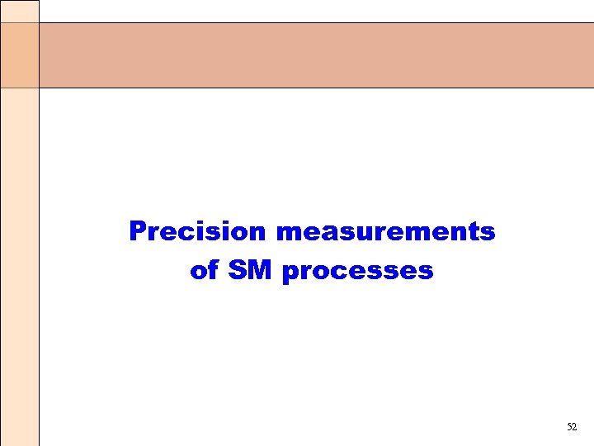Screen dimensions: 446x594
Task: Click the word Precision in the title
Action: (198, 232)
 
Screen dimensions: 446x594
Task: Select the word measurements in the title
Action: (385, 232)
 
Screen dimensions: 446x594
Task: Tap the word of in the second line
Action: (203, 271)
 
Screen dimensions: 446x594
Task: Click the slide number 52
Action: (572, 427)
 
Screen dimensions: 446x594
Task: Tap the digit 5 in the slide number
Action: (569, 427)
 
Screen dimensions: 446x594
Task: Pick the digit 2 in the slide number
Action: (575, 427)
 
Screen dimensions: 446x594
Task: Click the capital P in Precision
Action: (137, 231)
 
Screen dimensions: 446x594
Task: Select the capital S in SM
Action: (238, 271)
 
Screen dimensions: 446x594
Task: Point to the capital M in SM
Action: (260, 271)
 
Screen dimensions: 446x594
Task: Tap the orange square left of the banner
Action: (19, 55)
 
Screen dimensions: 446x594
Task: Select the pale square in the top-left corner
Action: (19, 11)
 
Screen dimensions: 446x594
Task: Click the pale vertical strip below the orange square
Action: (19, 264)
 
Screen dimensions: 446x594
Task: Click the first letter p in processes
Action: (290, 274)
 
